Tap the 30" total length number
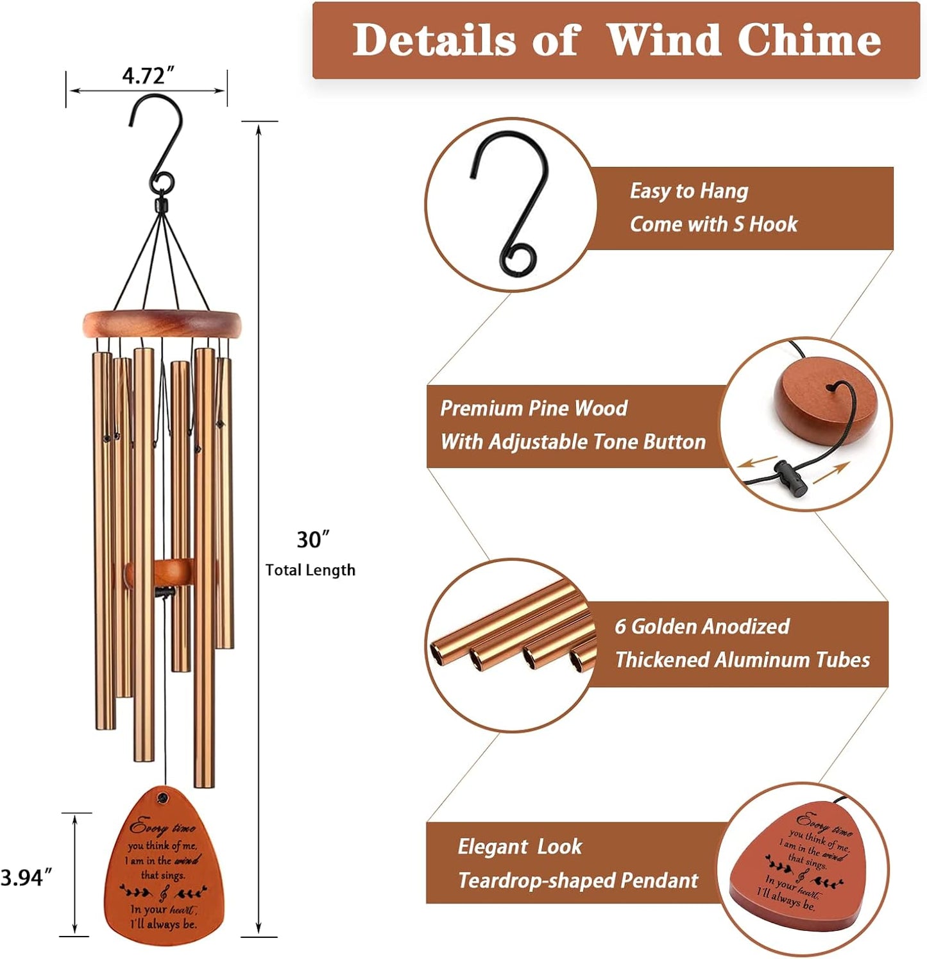[312, 540]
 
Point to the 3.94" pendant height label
[26, 877]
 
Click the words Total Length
[310, 570]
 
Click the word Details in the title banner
[434, 40]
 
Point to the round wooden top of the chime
[162, 323]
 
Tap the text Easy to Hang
[688, 191]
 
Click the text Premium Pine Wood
[534, 409]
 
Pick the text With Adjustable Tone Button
[573, 442]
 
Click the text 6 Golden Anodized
[702, 627]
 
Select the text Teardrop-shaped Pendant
[577, 881]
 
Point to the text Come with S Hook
[713, 225]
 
